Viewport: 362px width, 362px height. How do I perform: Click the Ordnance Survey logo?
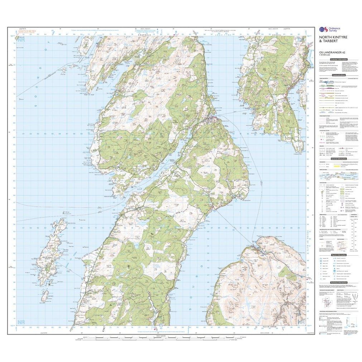coord(328,30)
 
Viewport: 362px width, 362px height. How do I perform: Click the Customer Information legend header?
coord(338,59)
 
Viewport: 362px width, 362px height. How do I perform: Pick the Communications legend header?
coord(338,75)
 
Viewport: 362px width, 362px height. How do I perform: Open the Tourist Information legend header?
coord(338,255)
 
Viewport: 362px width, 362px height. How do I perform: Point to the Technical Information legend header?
coord(338,283)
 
